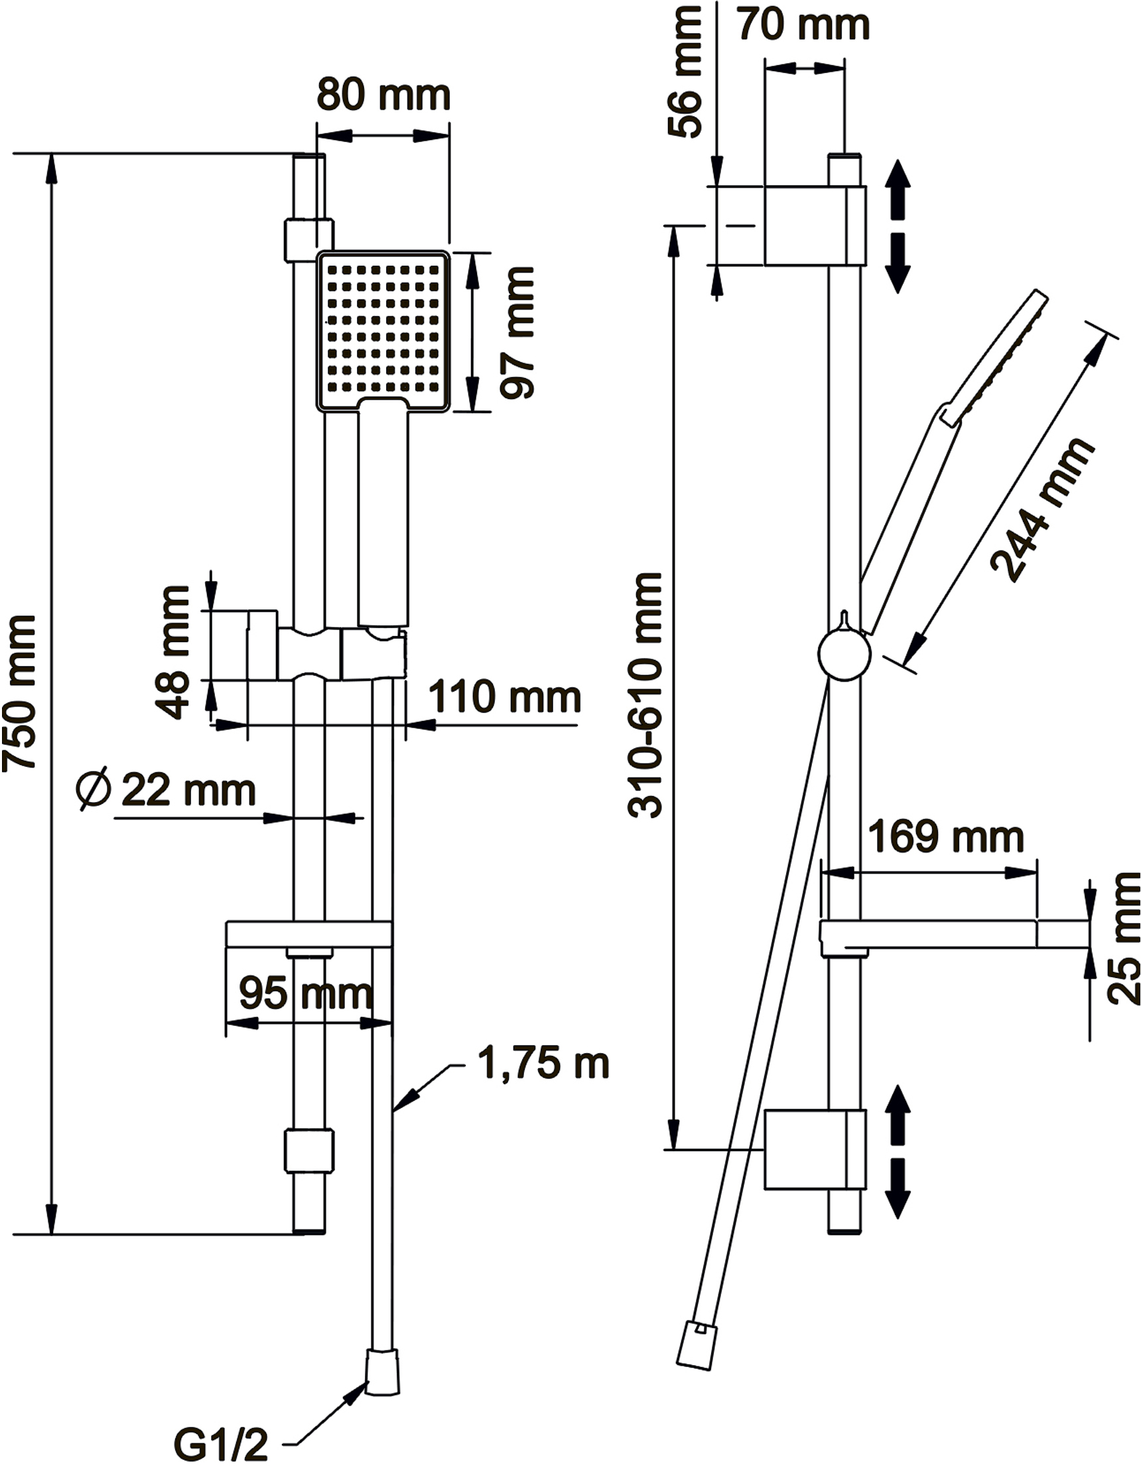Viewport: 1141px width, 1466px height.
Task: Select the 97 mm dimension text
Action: pos(517,333)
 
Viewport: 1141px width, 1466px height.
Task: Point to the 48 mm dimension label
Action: pos(172,653)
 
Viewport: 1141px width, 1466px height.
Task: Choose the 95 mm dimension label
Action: pos(306,993)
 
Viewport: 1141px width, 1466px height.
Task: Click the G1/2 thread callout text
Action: pos(221,1445)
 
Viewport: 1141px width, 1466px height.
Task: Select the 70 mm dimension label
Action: pos(803,25)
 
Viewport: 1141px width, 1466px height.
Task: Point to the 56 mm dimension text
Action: pos(685,72)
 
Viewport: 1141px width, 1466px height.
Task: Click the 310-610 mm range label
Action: pos(645,694)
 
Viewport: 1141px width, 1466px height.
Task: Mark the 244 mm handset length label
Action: pos(1042,509)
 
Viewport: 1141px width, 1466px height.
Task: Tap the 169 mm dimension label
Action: pos(946,837)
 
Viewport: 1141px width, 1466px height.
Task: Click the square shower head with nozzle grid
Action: pos(383,331)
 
